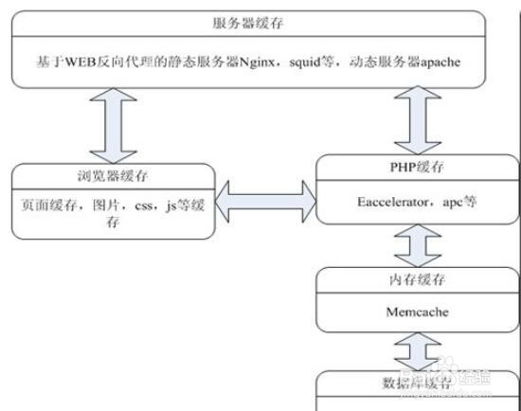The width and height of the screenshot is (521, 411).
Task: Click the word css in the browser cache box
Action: click(141, 205)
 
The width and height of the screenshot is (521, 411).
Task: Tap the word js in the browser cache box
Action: click(171, 205)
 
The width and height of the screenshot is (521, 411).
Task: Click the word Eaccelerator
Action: click(389, 203)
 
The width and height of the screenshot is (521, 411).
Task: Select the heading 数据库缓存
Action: click(411, 382)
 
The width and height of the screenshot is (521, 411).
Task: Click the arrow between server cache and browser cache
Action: click(110, 128)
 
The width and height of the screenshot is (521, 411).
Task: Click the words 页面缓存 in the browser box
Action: click(45, 205)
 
